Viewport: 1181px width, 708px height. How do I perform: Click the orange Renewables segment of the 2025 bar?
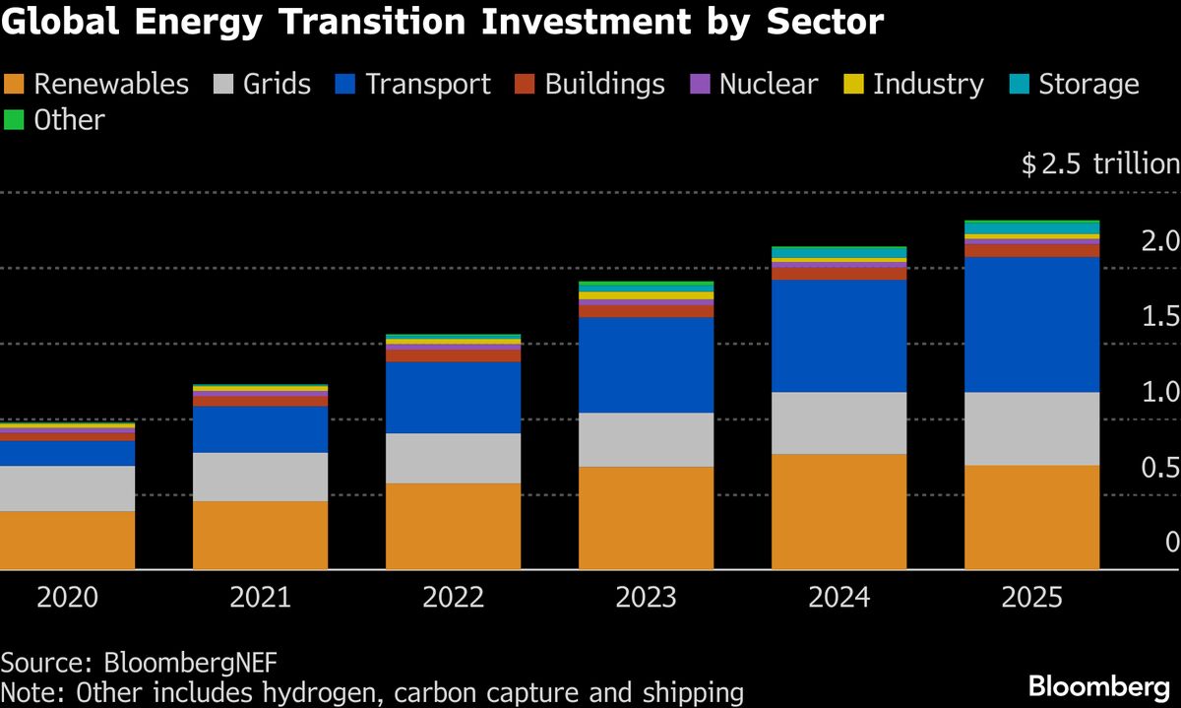[1031, 517]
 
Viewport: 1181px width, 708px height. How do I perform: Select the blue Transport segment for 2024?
[839, 336]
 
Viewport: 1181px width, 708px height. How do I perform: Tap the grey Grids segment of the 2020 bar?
[67, 488]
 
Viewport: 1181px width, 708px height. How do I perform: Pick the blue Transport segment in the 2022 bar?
[453, 398]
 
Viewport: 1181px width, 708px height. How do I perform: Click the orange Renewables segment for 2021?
[260, 535]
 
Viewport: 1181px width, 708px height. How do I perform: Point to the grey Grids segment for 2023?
[646, 439]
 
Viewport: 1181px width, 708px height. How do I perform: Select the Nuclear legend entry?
[756, 85]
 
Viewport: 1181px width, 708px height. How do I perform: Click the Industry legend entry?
[914, 85]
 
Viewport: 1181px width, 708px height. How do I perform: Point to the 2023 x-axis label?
[646, 598]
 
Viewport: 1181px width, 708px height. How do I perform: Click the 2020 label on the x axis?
[67, 598]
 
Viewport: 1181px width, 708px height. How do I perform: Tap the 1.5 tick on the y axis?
[1158, 317]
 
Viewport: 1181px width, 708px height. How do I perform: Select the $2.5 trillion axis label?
[1099, 163]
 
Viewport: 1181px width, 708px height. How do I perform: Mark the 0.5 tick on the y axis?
[1158, 468]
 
